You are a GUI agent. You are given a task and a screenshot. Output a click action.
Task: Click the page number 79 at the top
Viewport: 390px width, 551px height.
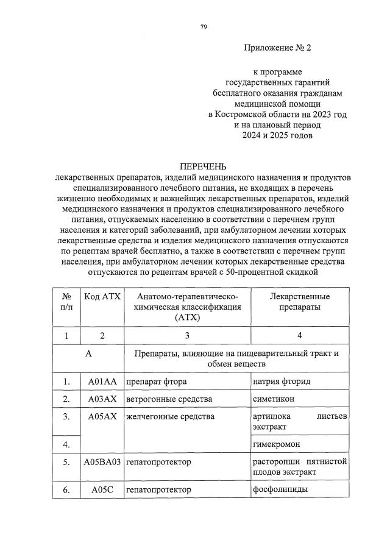[x=204, y=26]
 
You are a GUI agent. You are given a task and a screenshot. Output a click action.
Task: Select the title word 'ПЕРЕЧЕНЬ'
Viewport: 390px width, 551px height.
[x=203, y=166]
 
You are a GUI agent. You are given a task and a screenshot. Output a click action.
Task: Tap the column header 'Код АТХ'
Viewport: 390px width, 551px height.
[x=102, y=296]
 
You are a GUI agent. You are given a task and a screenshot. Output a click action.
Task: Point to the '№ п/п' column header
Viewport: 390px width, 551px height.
[x=66, y=302]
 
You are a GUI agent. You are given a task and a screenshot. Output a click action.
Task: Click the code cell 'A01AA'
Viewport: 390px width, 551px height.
[x=102, y=382]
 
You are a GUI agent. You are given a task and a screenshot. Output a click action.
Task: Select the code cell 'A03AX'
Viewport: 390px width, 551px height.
[x=102, y=399]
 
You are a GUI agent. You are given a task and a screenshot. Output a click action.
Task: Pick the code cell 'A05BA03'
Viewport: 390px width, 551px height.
[x=102, y=462]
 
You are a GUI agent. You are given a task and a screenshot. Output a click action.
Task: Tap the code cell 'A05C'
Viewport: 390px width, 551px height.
[x=102, y=489]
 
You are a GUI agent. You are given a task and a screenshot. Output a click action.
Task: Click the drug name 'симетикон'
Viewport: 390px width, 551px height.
[x=272, y=399]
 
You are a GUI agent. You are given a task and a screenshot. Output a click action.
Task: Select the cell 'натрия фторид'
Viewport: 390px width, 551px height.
[x=281, y=382]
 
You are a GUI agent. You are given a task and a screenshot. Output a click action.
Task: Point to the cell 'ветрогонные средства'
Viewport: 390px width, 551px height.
[x=169, y=399]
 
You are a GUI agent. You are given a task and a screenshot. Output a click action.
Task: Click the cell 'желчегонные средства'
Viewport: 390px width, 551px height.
[x=170, y=417]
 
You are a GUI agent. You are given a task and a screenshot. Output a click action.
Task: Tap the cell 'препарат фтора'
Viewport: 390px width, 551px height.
[x=156, y=382]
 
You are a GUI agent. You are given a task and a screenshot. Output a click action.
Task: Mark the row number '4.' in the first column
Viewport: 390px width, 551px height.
[x=66, y=444]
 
